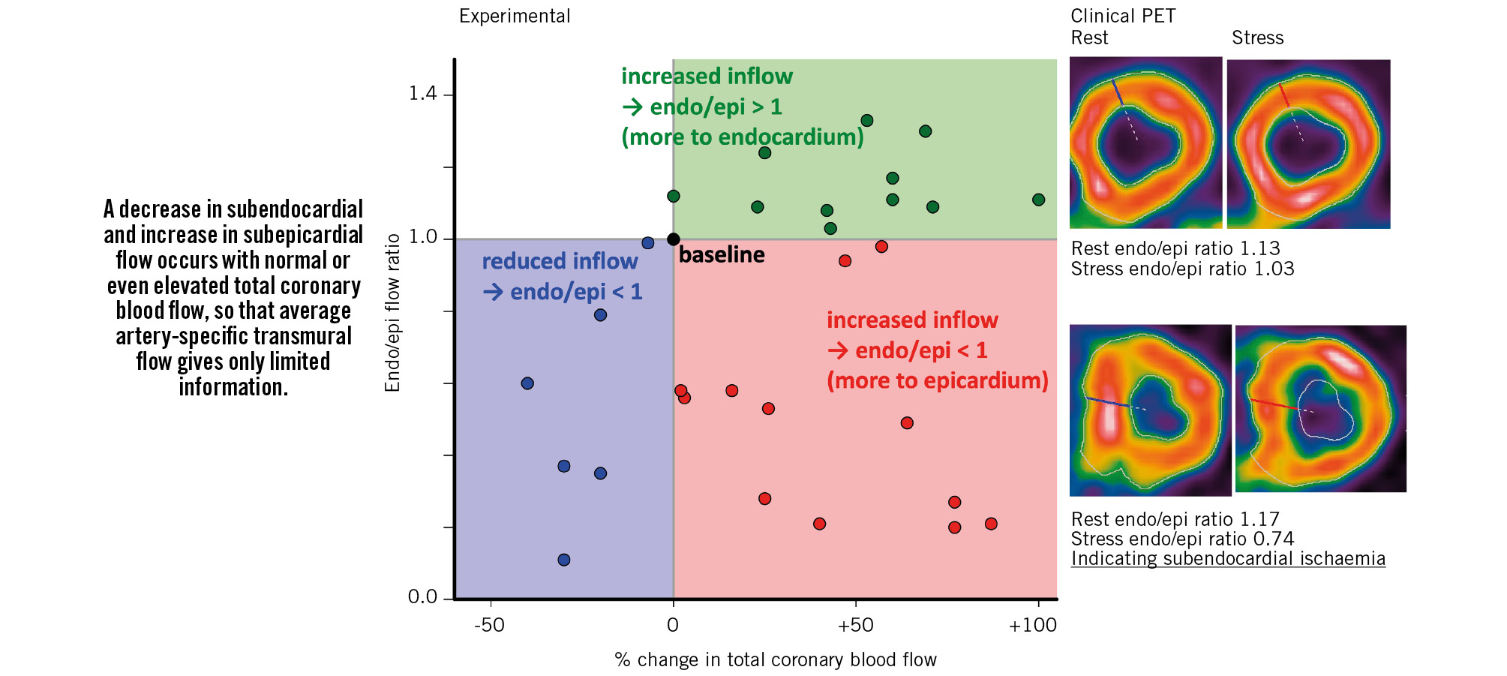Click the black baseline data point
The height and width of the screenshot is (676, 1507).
click(674, 239)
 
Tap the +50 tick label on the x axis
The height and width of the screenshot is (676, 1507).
click(856, 625)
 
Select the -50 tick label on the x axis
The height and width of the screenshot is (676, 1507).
click(490, 625)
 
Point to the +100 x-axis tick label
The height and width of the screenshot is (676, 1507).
click(1033, 625)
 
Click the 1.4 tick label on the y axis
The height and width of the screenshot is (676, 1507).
click(422, 94)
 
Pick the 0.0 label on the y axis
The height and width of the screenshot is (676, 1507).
click(422, 597)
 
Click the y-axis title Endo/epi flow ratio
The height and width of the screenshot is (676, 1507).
click(392, 313)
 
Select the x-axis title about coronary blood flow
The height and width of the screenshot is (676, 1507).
click(776, 659)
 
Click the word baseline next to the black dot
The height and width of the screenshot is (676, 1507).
click(722, 255)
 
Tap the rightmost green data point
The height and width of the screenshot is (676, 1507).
click(1038, 200)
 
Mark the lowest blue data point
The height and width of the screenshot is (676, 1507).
click(564, 560)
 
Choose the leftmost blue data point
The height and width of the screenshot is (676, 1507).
click(527, 383)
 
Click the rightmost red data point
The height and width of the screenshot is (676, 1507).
click(991, 524)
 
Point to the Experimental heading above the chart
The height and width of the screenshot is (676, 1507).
click(515, 17)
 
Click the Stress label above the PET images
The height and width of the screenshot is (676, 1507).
click(1257, 38)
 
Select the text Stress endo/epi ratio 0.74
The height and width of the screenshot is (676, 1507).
click(1182, 539)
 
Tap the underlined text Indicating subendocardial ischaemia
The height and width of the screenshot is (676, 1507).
click(1228, 559)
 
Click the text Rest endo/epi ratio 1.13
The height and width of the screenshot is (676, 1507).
click(1175, 248)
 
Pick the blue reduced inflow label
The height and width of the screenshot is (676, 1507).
click(560, 262)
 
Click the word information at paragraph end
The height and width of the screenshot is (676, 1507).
click(233, 387)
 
